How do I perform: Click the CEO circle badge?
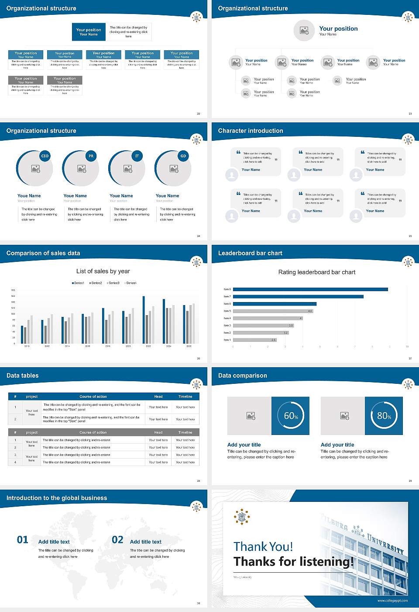[x=45, y=156]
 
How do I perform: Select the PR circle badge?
[x=91, y=156]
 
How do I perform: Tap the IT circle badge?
[x=137, y=156]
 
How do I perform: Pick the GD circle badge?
[x=183, y=156]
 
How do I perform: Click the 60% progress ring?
[x=291, y=416]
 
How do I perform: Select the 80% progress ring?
[x=384, y=416]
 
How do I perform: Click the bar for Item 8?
[x=310, y=289]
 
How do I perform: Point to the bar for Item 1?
[x=255, y=340]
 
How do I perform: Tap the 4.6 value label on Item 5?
[x=310, y=311]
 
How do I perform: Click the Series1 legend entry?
[x=78, y=283]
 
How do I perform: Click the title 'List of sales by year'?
[x=103, y=271]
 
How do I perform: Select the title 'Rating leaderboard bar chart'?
[x=317, y=272]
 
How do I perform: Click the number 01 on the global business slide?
[x=23, y=540]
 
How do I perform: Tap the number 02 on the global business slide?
[x=118, y=540]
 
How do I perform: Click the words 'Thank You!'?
[x=263, y=546]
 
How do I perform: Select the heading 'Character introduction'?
[x=251, y=131]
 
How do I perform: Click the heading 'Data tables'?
[x=23, y=376]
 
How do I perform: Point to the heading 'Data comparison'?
[x=243, y=376]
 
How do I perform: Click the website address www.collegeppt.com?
[x=392, y=601]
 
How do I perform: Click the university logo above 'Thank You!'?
[x=242, y=517]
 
